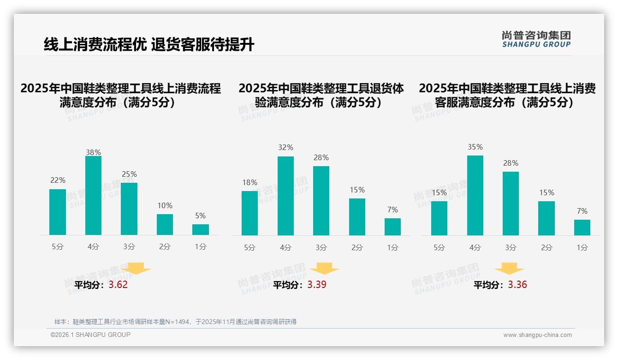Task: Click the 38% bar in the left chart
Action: click(93, 196)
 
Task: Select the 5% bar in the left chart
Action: click(201, 229)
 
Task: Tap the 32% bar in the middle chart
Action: click(285, 196)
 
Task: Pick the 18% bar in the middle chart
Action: click(250, 213)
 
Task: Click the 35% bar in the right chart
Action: click(475, 195)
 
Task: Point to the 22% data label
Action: click(58, 180)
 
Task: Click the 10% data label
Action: click(165, 205)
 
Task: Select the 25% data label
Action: click(129, 174)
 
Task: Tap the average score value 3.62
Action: click(118, 284)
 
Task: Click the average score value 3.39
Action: click(317, 284)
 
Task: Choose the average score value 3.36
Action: click(517, 284)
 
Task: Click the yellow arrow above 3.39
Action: click(324, 268)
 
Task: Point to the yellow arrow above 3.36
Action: click(509, 268)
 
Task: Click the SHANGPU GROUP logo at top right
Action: click(536, 39)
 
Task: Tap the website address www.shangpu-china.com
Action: click(537, 335)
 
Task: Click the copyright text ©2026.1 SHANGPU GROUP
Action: click(90, 335)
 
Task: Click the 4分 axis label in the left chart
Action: click(93, 247)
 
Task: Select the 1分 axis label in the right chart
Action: click(582, 247)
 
